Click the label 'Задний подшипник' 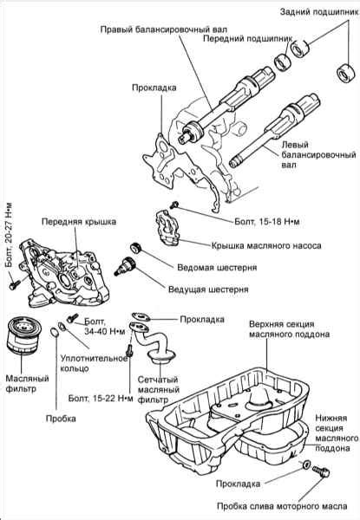click(x=312, y=11)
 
